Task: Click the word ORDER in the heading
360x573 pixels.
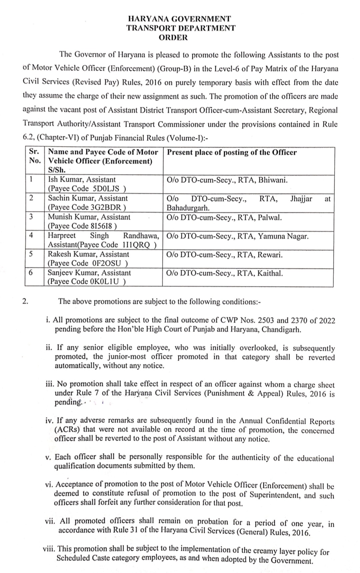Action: (x=173, y=38)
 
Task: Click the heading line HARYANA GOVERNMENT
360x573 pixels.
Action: (x=180, y=19)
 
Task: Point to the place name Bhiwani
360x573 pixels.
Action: (x=273, y=180)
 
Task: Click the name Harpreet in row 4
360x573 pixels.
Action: (x=62, y=236)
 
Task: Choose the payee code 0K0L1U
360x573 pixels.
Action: (x=104, y=282)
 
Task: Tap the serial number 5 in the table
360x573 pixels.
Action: (x=31, y=254)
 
